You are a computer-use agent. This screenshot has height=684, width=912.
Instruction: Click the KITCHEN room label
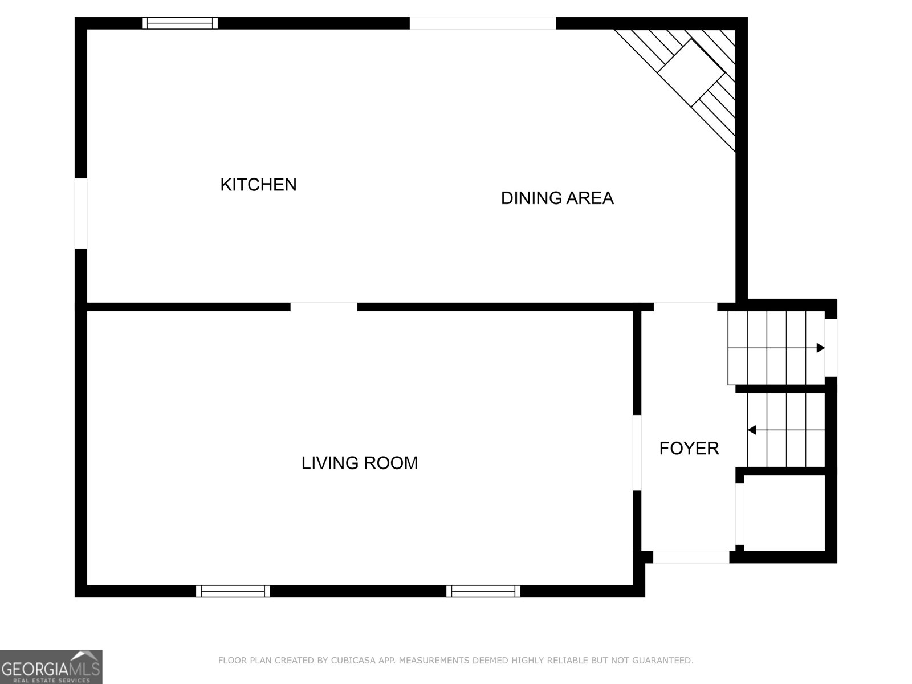coord(258,185)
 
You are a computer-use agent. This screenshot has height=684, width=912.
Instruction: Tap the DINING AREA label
coord(557,198)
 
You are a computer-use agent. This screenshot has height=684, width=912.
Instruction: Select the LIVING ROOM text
coord(359,463)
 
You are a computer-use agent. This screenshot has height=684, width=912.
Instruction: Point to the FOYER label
coord(689,449)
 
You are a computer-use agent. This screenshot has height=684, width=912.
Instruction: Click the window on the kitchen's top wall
coord(180,23)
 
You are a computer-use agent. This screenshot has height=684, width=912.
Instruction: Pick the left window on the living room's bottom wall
coord(233,591)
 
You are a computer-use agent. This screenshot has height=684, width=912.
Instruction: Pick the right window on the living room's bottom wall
coord(483,591)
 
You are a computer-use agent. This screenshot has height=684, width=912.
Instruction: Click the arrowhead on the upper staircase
coord(820,348)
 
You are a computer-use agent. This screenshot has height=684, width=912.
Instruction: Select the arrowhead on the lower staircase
coord(752,430)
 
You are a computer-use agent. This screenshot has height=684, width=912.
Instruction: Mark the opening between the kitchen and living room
coord(324,307)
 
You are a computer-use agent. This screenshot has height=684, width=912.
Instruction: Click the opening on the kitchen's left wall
coord(81,213)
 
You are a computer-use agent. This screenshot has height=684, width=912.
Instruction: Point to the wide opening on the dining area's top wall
coord(482,23)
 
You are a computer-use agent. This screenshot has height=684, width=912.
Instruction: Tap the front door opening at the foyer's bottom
coord(690,557)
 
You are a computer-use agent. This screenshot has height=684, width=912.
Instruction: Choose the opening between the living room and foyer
coord(637,453)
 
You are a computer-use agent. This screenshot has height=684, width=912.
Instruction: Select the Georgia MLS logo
coord(51,666)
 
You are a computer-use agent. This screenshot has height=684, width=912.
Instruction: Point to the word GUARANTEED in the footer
coord(663,661)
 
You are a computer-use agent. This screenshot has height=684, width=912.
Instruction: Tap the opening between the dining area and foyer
coord(685,307)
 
